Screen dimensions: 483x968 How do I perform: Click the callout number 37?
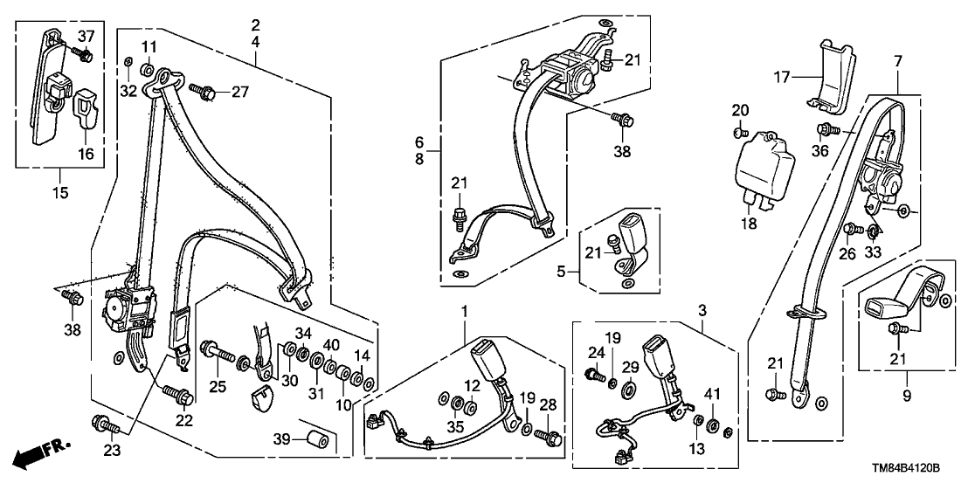[x=85, y=36]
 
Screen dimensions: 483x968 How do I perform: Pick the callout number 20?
[x=740, y=110]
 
